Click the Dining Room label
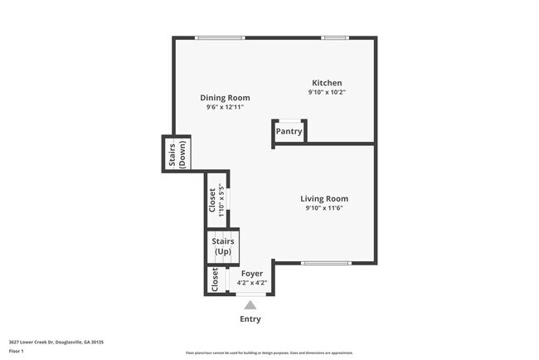pos(225,98)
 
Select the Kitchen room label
pos(327,83)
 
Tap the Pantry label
pos(289,131)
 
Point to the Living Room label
pos(323,199)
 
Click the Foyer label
pos(251,273)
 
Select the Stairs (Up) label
pos(223,246)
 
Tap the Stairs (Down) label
pos(177,153)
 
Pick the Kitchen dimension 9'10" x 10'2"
pos(327,93)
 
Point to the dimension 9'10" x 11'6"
pos(323,209)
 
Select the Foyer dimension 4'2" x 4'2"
pos(251,283)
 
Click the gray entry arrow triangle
pos(250,304)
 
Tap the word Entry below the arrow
pos(250,319)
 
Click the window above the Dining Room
pos(220,37)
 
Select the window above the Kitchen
pos(334,37)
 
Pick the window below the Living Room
pos(325,263)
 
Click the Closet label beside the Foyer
pos(216,280)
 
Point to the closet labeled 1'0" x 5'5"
pos(216,198)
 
